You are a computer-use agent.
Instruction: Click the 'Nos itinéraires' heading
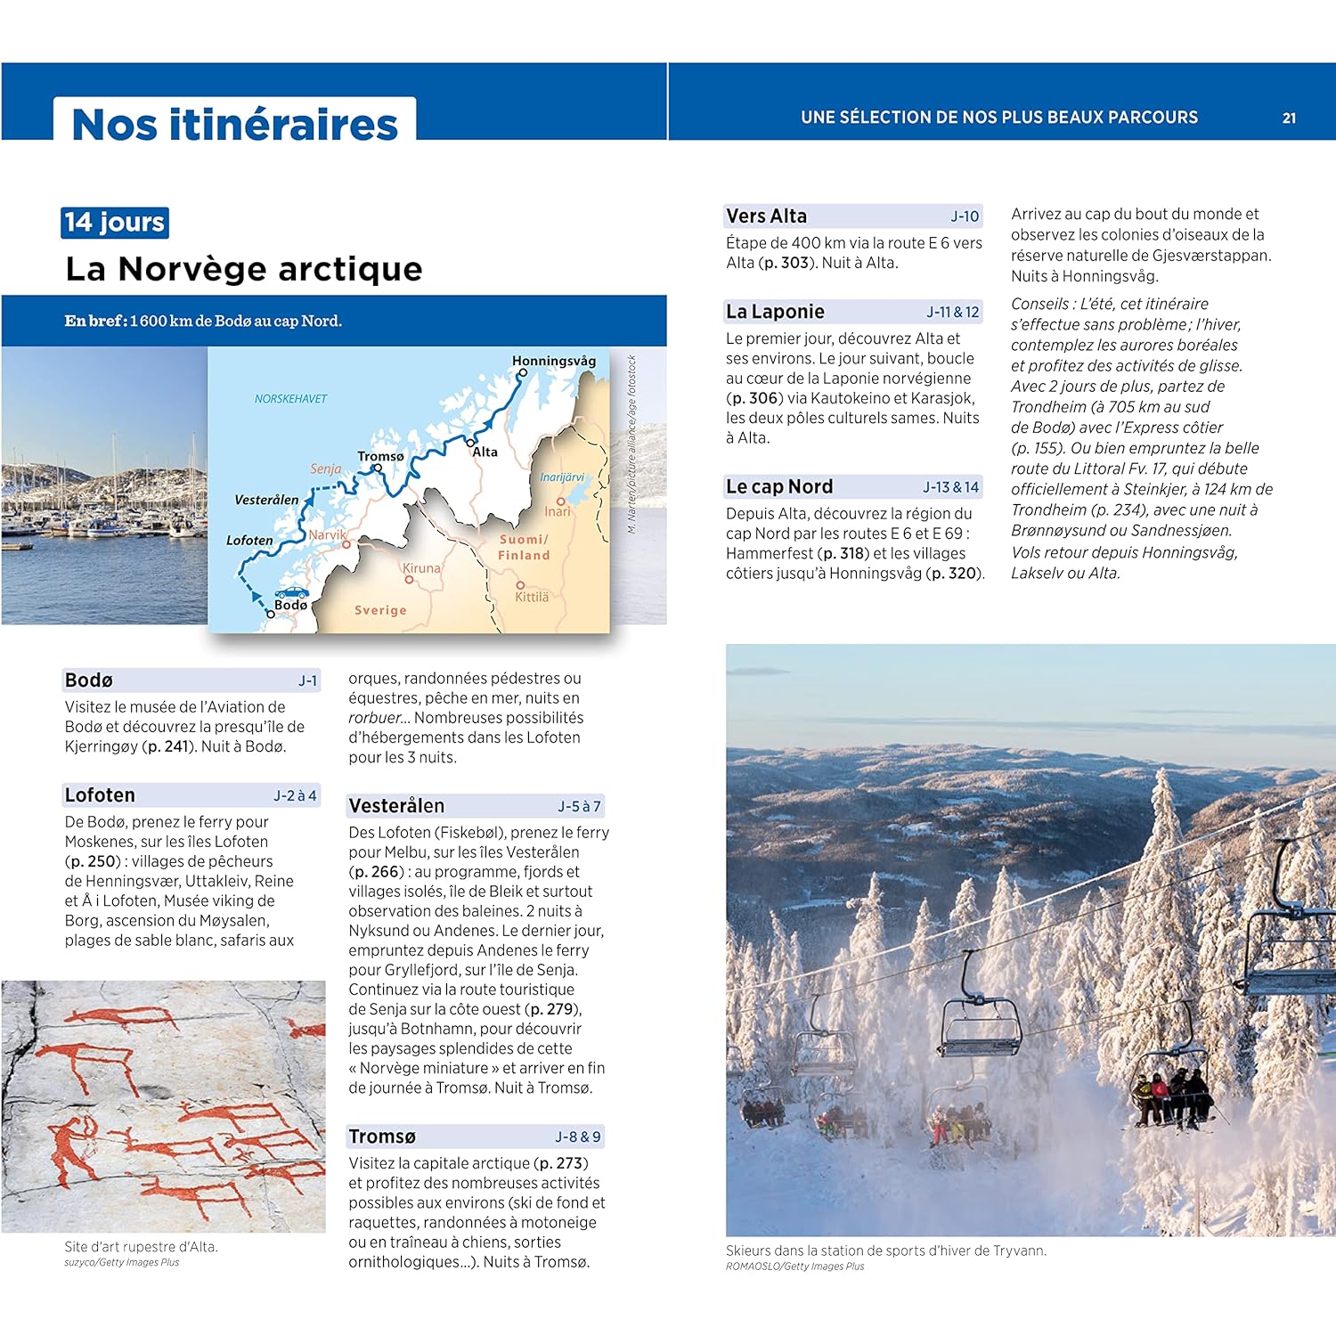point(234,124)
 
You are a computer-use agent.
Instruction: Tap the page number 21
point(1289,118)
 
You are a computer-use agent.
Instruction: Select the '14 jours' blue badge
point(115,222)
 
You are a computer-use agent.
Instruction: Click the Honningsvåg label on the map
point(553,361)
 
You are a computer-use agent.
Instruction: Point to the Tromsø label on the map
point(380,456)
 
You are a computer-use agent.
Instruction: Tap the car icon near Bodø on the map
point(291,592)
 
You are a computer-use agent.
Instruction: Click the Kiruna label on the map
point(421,568)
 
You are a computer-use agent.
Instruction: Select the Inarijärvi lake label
point(562,477)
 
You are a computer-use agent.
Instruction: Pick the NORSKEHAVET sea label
point(290,399)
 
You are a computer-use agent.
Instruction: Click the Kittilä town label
point(532,597)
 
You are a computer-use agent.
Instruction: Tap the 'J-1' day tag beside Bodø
point(307,680)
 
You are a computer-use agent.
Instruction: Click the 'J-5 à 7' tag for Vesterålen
point(579,806)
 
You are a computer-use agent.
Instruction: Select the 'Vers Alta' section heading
point(766,216)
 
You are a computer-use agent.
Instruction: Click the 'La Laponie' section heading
point(775,312)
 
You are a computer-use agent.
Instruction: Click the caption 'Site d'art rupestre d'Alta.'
point(141,1246)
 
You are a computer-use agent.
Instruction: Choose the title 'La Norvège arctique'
point(244,268)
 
